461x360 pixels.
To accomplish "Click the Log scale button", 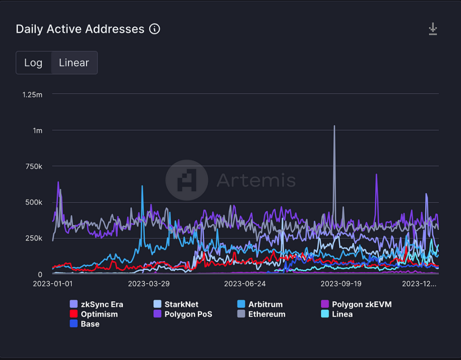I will [x=33, y=63].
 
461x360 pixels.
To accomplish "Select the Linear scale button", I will [x=74, y=63].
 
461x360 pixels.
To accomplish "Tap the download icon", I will [x=433, y=29].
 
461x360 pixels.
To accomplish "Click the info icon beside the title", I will [x=154, y=29].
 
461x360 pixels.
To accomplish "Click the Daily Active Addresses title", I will [x=80, y=29].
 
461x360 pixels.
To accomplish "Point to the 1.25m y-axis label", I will [x=32, y=94].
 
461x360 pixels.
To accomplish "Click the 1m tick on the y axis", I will [x=37, y=130].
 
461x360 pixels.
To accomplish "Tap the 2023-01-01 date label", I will [x=52, y=284].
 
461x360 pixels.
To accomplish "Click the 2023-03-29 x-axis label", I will [x=148, y=284].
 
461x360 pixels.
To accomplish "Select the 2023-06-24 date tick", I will [x=244, y=284].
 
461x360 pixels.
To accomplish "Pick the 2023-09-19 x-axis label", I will [x=340, y=284].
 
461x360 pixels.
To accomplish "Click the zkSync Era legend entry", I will [x=101, y=304].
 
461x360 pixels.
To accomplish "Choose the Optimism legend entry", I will [x=99, y=314].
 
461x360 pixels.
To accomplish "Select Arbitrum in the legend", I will [x=265, y=304].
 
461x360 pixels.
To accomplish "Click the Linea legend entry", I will [x=342, y=314].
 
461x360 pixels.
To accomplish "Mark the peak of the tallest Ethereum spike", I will [x=334, y=126].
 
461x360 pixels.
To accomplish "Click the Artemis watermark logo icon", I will [x=186, y=180].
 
